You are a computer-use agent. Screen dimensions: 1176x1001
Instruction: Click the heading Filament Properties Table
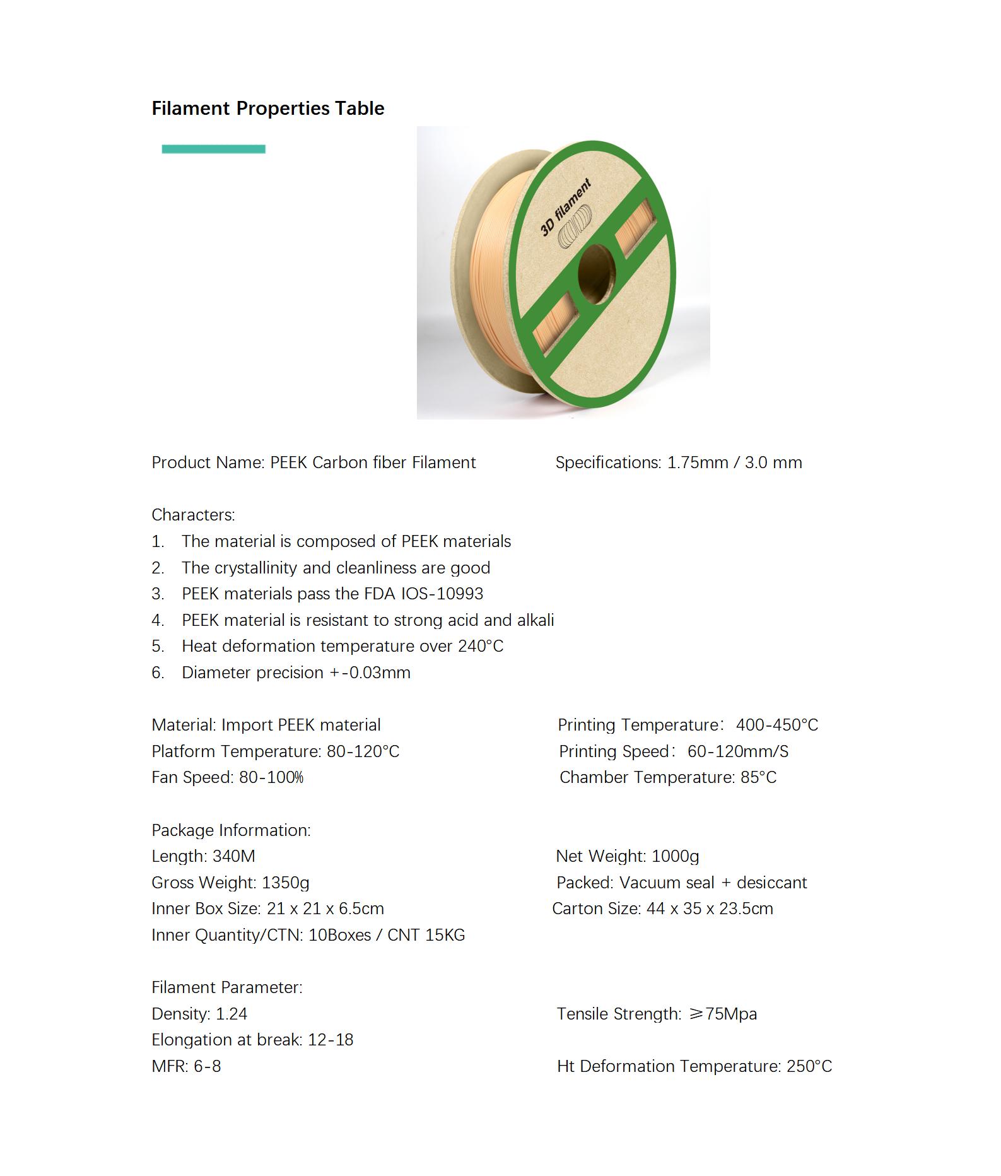[267, 109]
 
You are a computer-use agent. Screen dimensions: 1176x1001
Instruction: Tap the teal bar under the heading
[213, 149]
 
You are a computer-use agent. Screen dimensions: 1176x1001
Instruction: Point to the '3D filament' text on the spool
[566, 207]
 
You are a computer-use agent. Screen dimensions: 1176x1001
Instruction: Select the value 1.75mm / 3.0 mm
[734, 462]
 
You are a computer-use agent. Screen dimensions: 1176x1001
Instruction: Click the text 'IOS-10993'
[451, 594]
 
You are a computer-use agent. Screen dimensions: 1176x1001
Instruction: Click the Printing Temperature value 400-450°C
[776, 725]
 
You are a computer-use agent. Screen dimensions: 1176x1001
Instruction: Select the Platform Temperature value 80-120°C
[363, 751]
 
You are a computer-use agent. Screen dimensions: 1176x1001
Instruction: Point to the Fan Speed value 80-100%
[271, 777]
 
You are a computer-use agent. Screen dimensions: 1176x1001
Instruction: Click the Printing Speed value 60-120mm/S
[737, 751]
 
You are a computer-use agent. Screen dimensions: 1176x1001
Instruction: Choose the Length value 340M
[234, 856]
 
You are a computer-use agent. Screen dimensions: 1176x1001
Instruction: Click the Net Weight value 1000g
[675, 856]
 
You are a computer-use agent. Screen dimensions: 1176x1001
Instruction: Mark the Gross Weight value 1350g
[285, 883]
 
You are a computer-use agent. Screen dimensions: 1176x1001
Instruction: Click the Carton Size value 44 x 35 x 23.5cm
[710, 908]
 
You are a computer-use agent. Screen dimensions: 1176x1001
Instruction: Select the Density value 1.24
[231, 1014]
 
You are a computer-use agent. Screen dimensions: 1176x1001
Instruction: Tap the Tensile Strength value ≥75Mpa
[723, 1014]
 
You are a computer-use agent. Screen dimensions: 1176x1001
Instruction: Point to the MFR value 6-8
[207, 1066]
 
